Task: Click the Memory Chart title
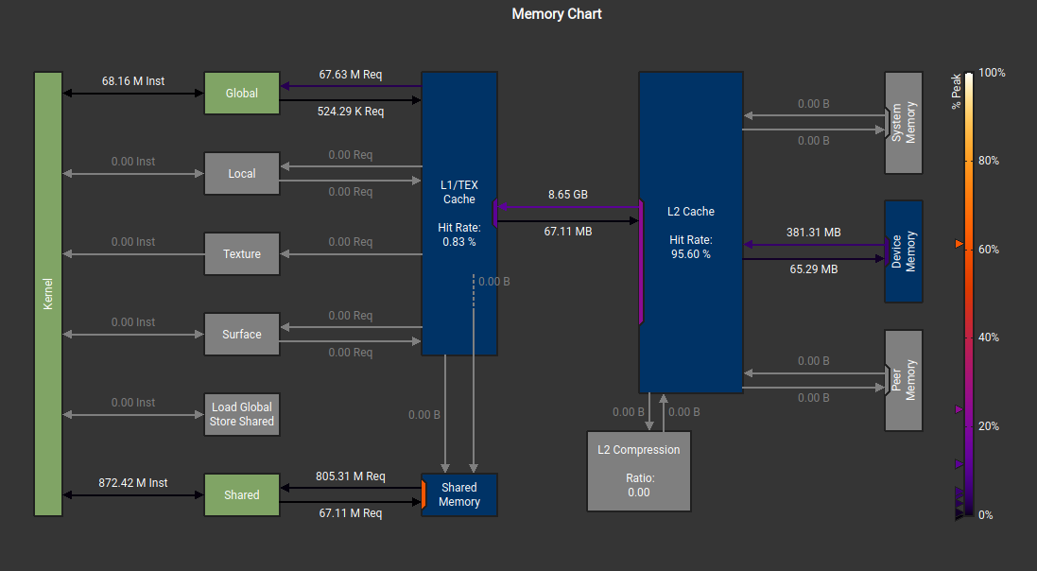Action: (x=557, y=14)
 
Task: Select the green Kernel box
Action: (x=48, y=294)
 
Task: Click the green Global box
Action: (x=242, y=94)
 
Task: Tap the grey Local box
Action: (x=242, y=174)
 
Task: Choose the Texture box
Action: (x=242, y=254)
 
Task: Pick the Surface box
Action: (x=242, y=335)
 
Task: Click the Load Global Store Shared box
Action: (x=242, y=414)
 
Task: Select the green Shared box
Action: (x=242, y=494)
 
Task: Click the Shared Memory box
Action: (x=459, y=494)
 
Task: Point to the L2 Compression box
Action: (x=638, y=471)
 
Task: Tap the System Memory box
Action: (x=904, y=123)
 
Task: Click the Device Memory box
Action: (x=904, y=251)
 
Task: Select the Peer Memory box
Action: (x=904, y=380)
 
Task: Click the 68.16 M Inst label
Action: (x=133, y=81)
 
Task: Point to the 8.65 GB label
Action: (x=568, y=195)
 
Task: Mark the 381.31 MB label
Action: (x=813, y=233)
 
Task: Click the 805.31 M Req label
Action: (x=350, y=476)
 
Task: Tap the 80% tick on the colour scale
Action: (x=989, y=161)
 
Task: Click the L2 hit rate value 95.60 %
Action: (x=690, y=254)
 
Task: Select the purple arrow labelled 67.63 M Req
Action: (x=351, y=86)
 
